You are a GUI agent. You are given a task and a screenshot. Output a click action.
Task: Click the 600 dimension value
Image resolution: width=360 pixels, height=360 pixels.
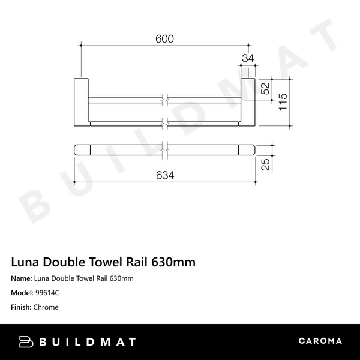[164, 38]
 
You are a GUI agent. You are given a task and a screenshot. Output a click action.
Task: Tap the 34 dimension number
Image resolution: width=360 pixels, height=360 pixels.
[247, 58]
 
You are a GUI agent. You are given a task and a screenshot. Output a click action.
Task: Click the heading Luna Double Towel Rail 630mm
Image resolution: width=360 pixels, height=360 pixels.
[103, 262]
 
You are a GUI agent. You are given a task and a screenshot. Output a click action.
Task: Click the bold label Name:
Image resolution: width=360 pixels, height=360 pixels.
[22, 278]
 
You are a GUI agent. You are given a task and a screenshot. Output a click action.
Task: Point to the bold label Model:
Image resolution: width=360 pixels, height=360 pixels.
[22, 293]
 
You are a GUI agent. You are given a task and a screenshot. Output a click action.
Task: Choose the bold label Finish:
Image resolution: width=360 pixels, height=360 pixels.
[22, 307]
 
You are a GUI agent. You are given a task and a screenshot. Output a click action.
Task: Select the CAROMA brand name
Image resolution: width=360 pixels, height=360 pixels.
[320, 341]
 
